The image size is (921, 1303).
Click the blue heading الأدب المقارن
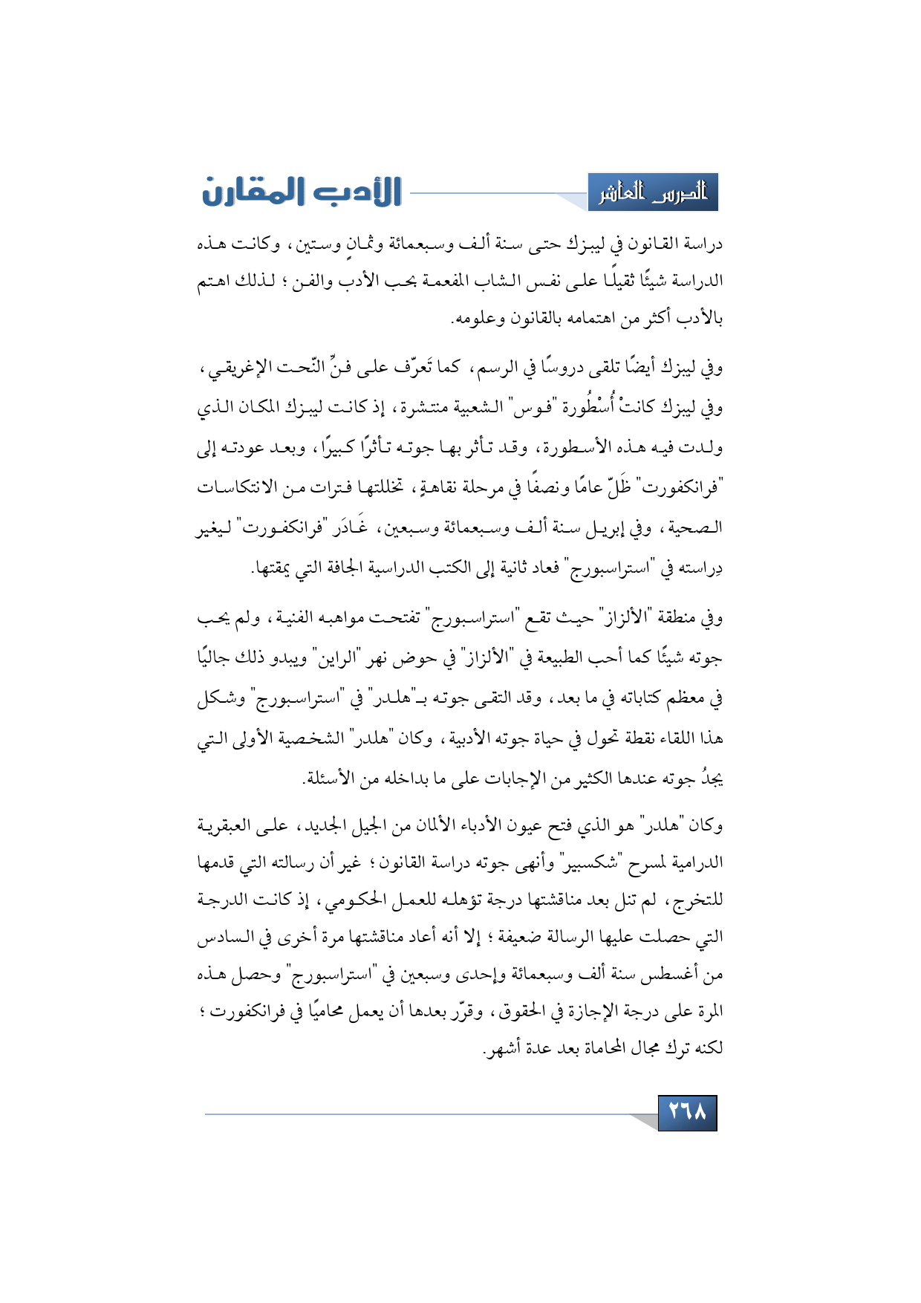[x=302, y=192]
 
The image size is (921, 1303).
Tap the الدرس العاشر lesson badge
[x=653, y=193]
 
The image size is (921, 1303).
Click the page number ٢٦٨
[x=687, y=1112]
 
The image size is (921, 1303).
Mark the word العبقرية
[x=229, y=825]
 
